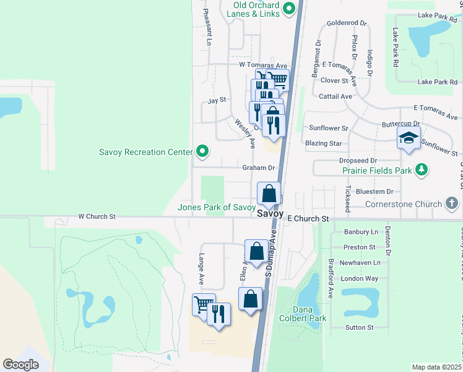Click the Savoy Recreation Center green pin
(202, 151)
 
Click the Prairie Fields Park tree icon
(422, 169)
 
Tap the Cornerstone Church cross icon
(452, 203)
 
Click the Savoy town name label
(270, 213)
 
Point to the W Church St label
(97, 216)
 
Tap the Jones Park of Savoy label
(217, 207)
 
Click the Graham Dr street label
(257, 167)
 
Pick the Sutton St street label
(360, 327)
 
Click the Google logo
(20, 365)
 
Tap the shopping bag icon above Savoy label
(269, 193)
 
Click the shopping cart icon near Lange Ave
(203, 304)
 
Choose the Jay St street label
(217, 99)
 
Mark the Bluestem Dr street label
(376, 192)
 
